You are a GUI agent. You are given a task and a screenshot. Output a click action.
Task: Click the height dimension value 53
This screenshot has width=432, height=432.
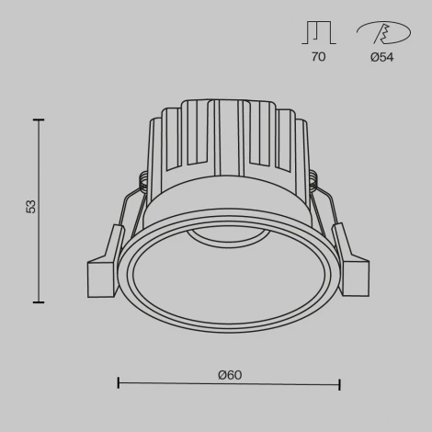[31, 207]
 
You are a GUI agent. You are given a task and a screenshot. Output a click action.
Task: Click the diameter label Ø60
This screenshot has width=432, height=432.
[229, 375]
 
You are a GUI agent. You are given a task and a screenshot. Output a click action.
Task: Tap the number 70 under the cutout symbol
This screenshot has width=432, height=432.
[318, 57]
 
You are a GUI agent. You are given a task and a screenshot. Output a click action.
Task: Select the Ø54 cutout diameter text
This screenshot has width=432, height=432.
[381, 57]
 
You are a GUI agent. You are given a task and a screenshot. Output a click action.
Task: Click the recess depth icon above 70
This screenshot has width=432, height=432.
[318, 33]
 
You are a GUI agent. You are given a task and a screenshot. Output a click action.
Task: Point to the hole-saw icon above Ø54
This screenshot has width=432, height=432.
[381, 33]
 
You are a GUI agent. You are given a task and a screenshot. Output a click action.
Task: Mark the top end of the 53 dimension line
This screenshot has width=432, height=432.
[39, 119]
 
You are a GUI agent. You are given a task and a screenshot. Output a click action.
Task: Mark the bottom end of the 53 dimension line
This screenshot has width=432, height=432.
[39, 301]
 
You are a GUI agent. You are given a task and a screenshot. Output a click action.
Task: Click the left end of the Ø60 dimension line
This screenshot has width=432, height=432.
[119, 383]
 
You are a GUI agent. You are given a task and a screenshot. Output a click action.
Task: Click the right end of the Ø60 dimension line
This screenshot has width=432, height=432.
[340, 383]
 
